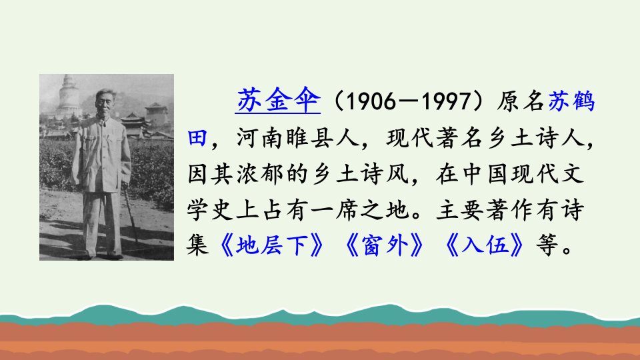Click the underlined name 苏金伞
(x=277, y=101)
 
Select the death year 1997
(x=446, y=101)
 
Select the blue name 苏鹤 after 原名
(x=571, y=101)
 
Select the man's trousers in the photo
(x=102, y=223)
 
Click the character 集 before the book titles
(x=197, y=246)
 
